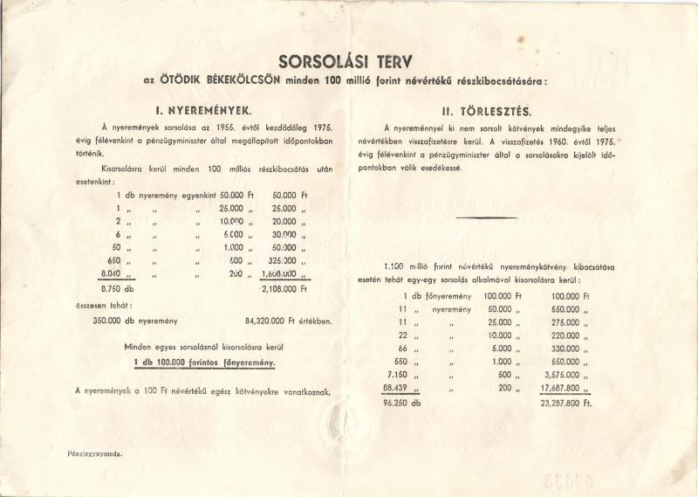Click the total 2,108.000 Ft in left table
pyautogui.click(x=284, y=287)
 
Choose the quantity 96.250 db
pyautogui.click(x=403, y=404)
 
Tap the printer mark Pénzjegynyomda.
pyautogui.click(x=95, y=454)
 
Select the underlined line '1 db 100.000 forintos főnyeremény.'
pyautogui.click(x=204, y=362)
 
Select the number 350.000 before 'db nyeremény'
pyautogui.click(x=111, y=320)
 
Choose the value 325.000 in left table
pyautogui.click(x=284, y=259)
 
